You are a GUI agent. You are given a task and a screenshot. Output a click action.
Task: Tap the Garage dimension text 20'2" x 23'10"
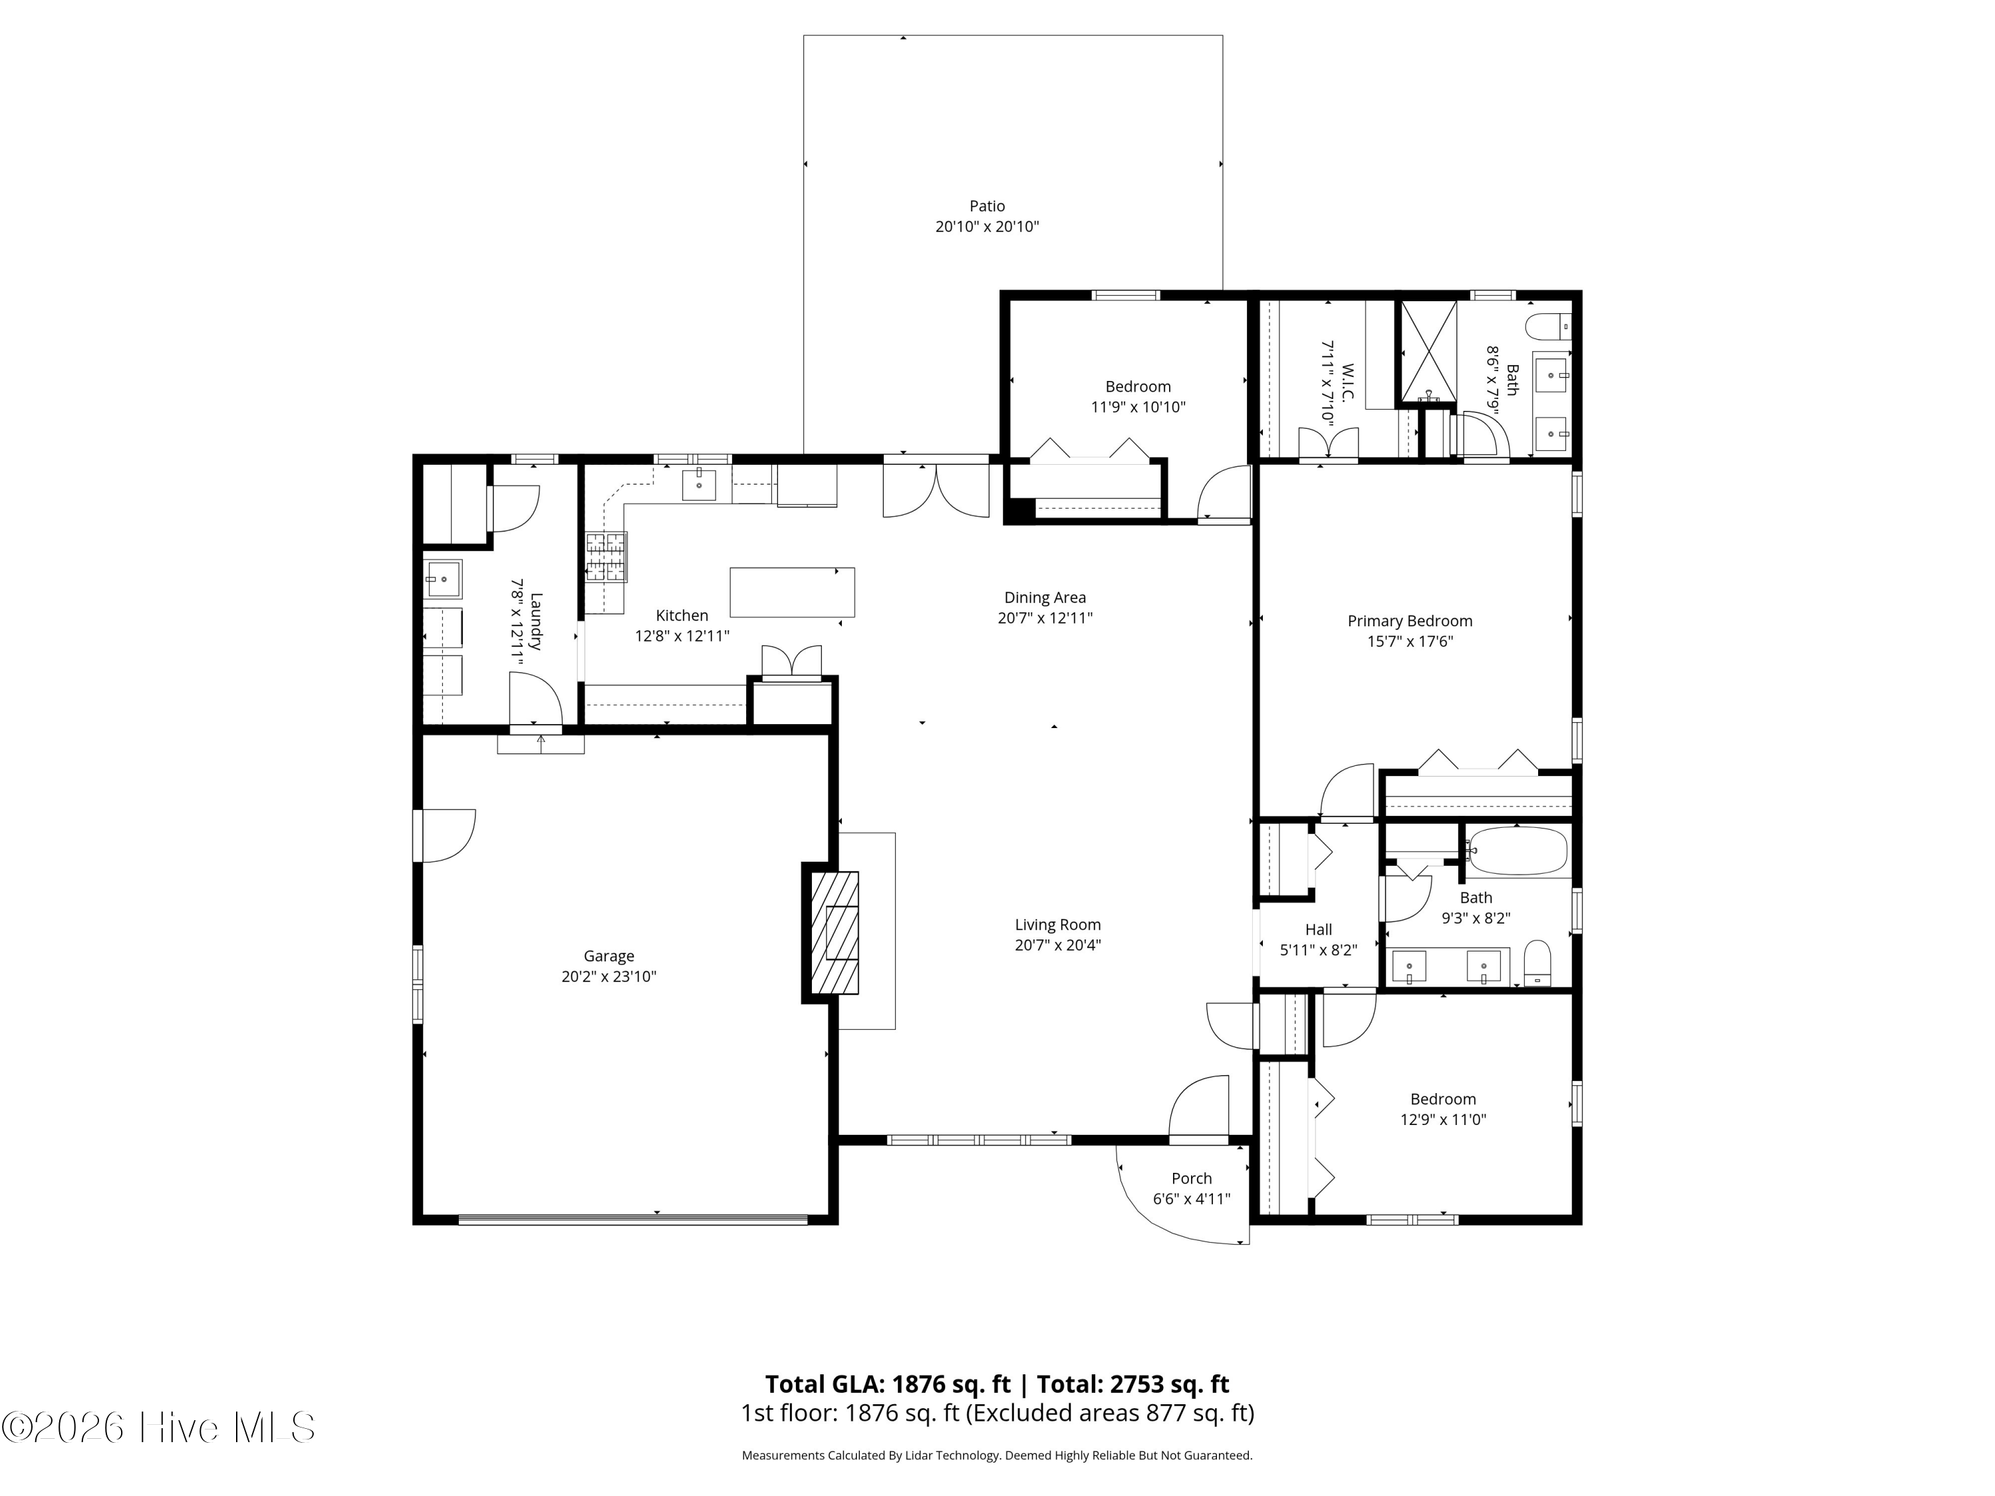pyautogui.click(x=608, y=977)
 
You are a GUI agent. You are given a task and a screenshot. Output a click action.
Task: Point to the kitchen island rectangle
pyautogui.click(x=792, y=592)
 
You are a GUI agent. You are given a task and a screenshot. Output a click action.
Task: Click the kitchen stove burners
pyautogui.click(x=606, y=557)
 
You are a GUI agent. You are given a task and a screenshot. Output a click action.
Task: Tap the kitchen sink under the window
pyautogui.click(x=699, y=484)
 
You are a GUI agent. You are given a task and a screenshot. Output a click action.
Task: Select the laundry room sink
pyautogui.click(x=443, y=579)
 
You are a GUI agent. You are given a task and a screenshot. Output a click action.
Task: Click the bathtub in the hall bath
pyautogui.click(x=1517, y=851)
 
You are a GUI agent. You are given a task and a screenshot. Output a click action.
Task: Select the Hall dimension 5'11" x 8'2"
pyautogui.click(x=1319, y=949)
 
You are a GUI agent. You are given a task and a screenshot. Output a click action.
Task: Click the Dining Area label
pyautogui.click(x=1045, y=597)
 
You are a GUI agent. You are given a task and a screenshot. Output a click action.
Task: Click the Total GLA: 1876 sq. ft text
pyautogui.click(x=888, y=1384)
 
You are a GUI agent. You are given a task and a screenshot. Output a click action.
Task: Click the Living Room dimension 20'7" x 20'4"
pyautogui.click(x=1058, y=945)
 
